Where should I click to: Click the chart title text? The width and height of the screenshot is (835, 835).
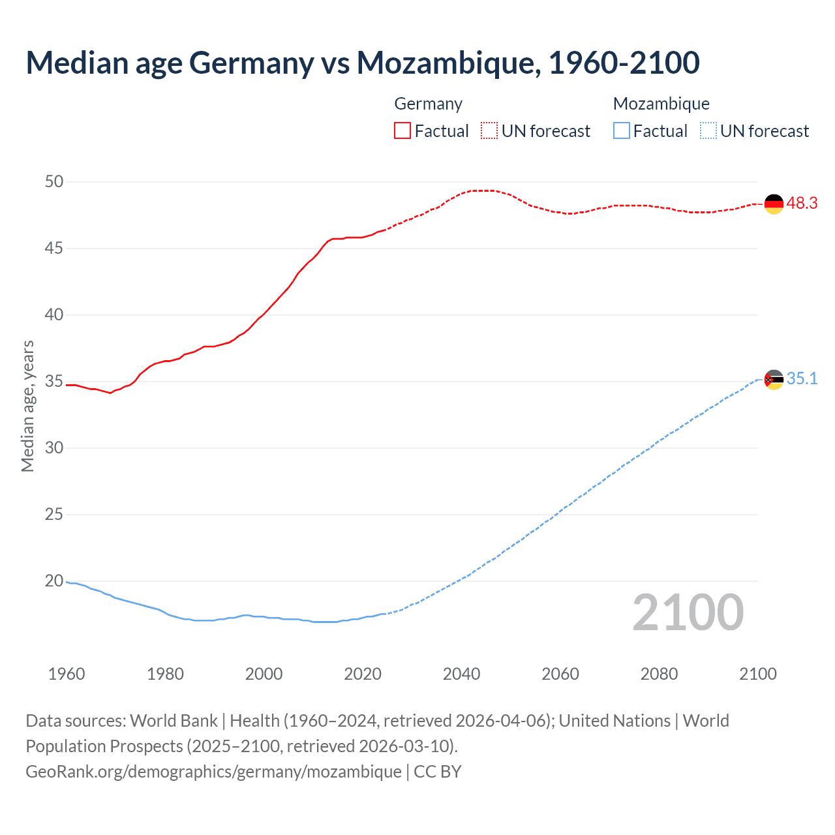coord(363,63)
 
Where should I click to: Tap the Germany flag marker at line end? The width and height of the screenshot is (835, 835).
coord(774,204)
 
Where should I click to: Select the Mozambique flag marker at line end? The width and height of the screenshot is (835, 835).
coord(774,380)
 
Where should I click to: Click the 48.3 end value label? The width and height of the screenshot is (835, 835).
coord(802,204)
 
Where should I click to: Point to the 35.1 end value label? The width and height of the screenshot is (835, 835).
coord(802,379)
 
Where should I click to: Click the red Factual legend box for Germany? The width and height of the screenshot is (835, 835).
coord(402,131)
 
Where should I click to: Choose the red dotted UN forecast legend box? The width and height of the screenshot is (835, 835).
coord(489,131)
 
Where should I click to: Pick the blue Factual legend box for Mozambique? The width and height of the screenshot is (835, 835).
coord(622,131)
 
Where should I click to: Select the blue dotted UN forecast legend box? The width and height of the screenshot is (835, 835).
coord(708,131)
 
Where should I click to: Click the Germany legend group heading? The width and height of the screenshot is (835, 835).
coord(428,104)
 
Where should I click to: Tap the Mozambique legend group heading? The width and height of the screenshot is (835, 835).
coord(661,104)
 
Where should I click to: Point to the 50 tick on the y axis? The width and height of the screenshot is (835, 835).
coord(54,182)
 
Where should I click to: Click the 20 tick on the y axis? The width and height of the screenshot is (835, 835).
coord(54,581)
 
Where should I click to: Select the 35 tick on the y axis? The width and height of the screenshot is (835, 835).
coord(54,382)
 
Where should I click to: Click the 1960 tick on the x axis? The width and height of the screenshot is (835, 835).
coord(67,674)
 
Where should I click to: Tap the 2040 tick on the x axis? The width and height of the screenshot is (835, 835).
coord(461,674)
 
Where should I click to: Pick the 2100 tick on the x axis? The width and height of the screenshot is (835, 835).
coord(757,674)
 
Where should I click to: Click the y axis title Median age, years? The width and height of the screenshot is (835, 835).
coord(27,406)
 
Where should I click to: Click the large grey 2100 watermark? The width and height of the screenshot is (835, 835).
coord(688,613)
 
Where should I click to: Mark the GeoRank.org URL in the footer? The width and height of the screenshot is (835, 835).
coord(213,772)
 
